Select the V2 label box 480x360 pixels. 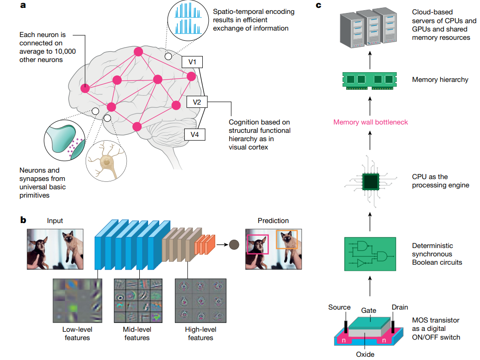197,102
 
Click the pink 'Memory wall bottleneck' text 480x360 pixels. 370,122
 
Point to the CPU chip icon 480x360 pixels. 370,181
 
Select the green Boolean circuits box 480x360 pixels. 370,254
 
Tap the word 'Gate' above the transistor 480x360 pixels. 368,311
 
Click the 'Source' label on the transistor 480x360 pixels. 339,307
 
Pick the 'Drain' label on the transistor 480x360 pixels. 399,307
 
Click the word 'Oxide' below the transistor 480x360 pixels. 365,354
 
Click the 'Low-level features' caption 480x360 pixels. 77,334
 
